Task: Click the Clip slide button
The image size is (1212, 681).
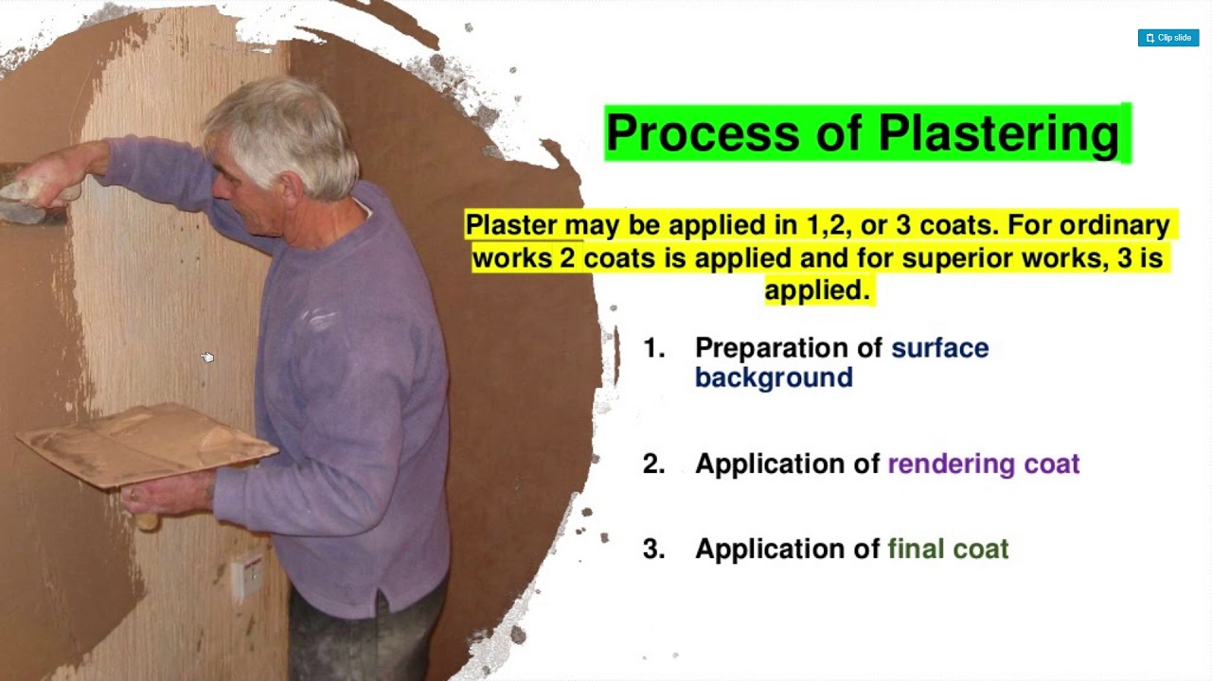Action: (1168, 38)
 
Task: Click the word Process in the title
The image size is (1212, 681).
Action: (704, 132)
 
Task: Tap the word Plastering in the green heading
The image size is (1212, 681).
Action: (998, 132)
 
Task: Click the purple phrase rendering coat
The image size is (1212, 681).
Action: (983, 463)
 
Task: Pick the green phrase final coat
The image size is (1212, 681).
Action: (948, 549)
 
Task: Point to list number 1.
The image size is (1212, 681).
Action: (653, 348)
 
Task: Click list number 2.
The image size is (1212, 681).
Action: (653, 463)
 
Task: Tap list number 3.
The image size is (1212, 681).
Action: (653, 549)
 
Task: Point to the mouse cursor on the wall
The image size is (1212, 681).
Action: (207, 357)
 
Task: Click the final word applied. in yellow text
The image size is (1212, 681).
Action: (816, 289)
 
